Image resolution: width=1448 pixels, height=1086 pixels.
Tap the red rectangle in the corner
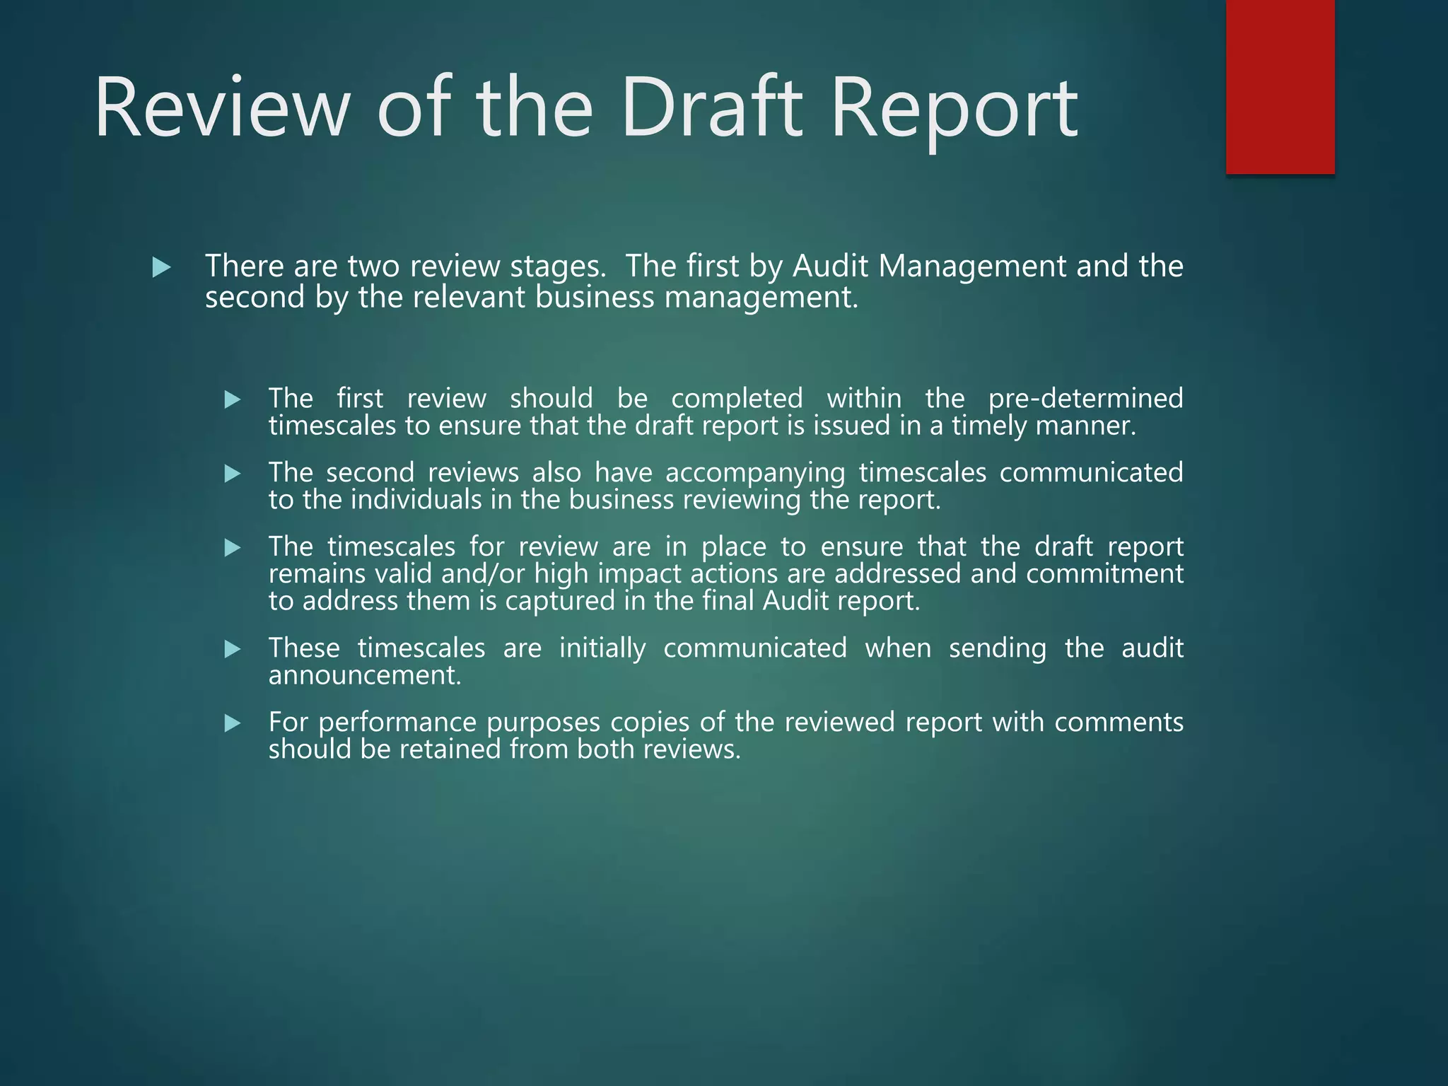point(1280,86)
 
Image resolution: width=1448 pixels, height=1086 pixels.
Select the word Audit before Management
point(830,266)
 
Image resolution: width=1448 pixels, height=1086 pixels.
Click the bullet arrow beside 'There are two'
point(162,267)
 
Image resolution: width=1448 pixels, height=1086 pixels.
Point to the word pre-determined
point(1085,398)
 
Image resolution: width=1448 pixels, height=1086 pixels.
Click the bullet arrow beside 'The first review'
point(233,400)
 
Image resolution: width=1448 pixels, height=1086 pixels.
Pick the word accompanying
point(755,472)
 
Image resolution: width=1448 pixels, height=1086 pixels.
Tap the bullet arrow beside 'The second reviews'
point(233,474)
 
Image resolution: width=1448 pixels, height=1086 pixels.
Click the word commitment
point(1104,573)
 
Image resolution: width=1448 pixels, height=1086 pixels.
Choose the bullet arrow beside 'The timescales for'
point(233,548)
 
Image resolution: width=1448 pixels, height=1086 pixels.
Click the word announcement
point(364,675)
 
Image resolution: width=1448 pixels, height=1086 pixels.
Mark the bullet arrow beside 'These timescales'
point(233,649)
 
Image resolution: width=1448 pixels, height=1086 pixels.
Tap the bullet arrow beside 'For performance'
point(233,723)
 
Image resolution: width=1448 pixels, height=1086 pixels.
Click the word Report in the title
point(954,110)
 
